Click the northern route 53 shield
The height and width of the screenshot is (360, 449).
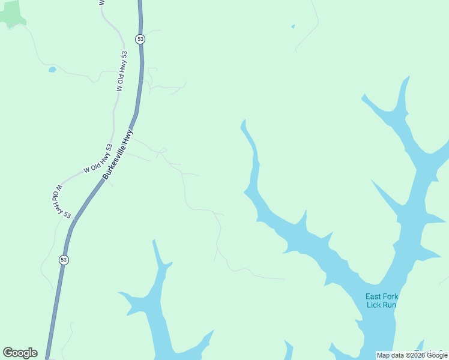tap(140, 39)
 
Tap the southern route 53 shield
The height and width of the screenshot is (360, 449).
tap(64, 260)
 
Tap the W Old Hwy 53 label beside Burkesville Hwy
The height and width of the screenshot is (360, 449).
tap(98, 159)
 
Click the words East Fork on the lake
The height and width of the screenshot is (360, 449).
tap(382, 296)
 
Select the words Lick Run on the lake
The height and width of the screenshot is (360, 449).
tap(382, 305)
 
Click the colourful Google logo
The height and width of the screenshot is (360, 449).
tap(20, 353)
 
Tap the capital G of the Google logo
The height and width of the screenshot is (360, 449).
tap(8, 353)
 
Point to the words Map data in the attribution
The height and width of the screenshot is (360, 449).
tap(390, 355)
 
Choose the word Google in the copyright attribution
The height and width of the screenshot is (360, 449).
tap(437, 355)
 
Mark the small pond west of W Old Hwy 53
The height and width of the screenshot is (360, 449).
tap(52, 70)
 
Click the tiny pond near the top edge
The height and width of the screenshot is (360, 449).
tap(293, 26)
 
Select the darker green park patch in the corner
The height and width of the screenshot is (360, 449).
tap(11, 13)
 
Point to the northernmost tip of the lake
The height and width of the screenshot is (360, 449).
tap(408, 77)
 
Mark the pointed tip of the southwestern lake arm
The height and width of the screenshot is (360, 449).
tap(154, 241)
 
